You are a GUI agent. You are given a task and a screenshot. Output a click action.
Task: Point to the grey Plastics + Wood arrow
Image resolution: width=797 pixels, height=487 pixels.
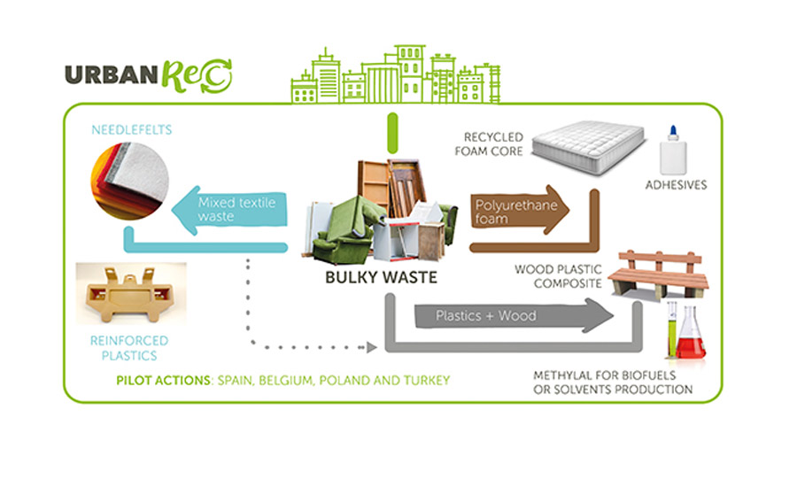tap(514, 316)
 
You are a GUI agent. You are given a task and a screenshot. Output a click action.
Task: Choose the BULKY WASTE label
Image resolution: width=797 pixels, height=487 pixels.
tap(381, 277)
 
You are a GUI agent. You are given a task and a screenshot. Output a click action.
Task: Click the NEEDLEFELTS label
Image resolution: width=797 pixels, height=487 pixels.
tap(132, 130)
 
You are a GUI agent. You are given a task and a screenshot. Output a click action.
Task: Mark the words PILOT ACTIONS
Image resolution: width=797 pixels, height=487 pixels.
tap(166, 381)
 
